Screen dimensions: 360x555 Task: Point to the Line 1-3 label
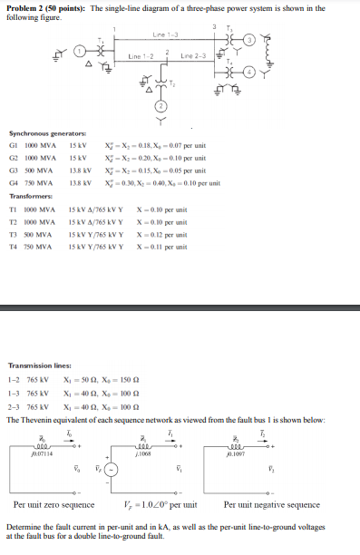pyautogui.click(x=166, y=35)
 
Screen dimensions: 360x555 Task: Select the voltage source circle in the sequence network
pyautogui.click(x=112, y=470)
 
